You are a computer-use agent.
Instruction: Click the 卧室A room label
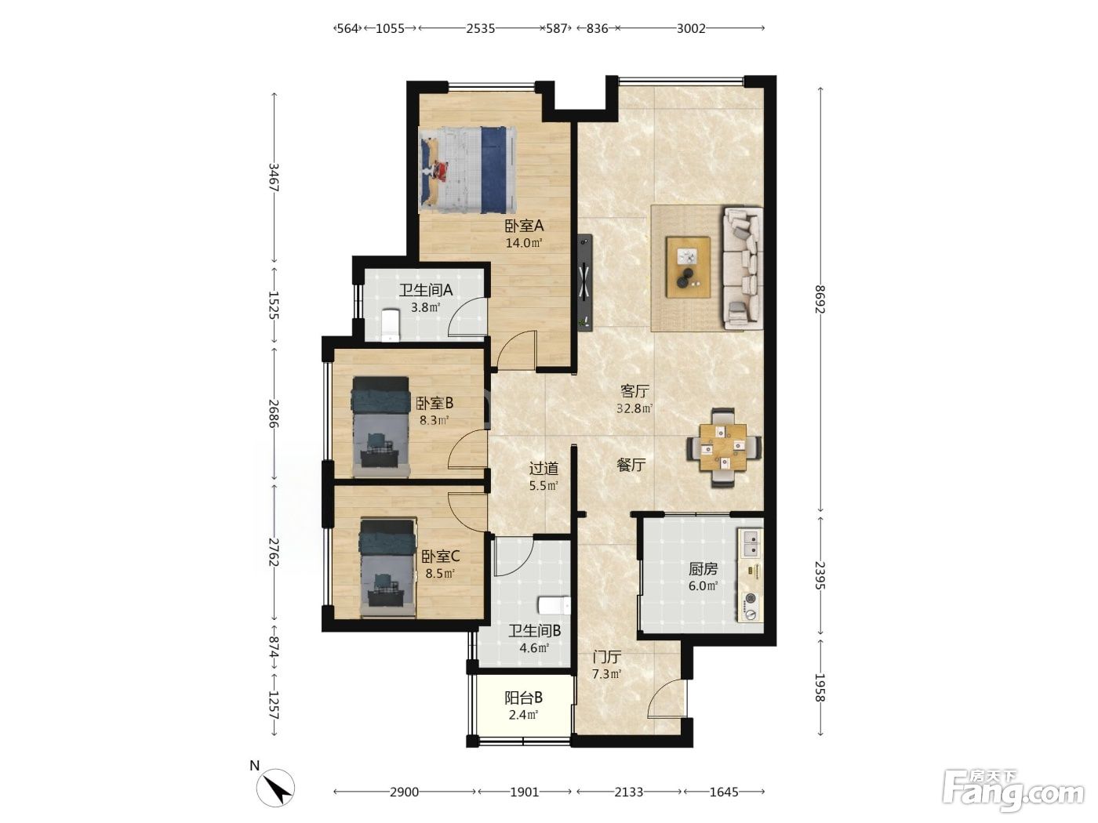click(x=524, y=226)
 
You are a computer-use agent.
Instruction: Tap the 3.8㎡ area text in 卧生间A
click(x=426, y=307)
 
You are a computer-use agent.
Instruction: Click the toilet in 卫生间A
click(x=390, y=324)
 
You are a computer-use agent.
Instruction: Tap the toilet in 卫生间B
click(x=554, y=605)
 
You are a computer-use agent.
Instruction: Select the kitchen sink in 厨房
click(x=751, y=544)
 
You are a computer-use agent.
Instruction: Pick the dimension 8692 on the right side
click(x=819, y=299)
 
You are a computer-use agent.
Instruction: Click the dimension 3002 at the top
click(x=691, y=28)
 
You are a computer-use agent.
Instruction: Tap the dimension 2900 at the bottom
click(x=404, y=792)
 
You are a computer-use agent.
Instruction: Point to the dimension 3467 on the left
click(x=274, y=177)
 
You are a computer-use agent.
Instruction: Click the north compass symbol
click(x=275, y=788)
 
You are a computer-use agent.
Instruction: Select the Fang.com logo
click(x=1013, y=792)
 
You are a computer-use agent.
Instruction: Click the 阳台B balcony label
click(x=523, y=697)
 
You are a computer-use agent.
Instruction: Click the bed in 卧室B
click(x=380, y=426)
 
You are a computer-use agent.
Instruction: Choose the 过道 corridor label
click(x=544, y=468)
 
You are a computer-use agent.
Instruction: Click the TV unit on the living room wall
click(x=585, y=282)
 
